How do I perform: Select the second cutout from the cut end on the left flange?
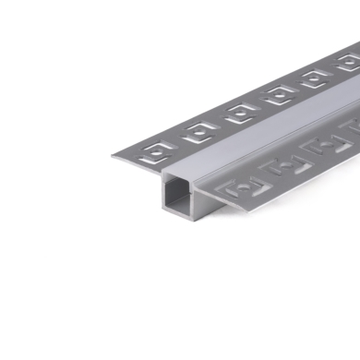pos(199,132)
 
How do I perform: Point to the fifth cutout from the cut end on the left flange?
pos(316,79)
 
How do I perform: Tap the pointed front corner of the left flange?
pos(114,155)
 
